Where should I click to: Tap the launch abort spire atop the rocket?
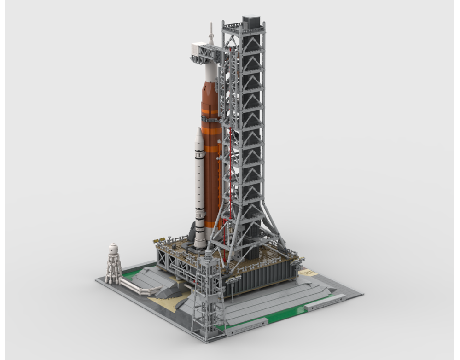[x=211, y=32]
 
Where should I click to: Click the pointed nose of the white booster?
[x=198, y=133]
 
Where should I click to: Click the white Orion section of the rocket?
[x=210, y=69]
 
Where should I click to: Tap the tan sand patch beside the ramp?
[x=166, y=304]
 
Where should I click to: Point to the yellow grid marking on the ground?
[x=308, y=273]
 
